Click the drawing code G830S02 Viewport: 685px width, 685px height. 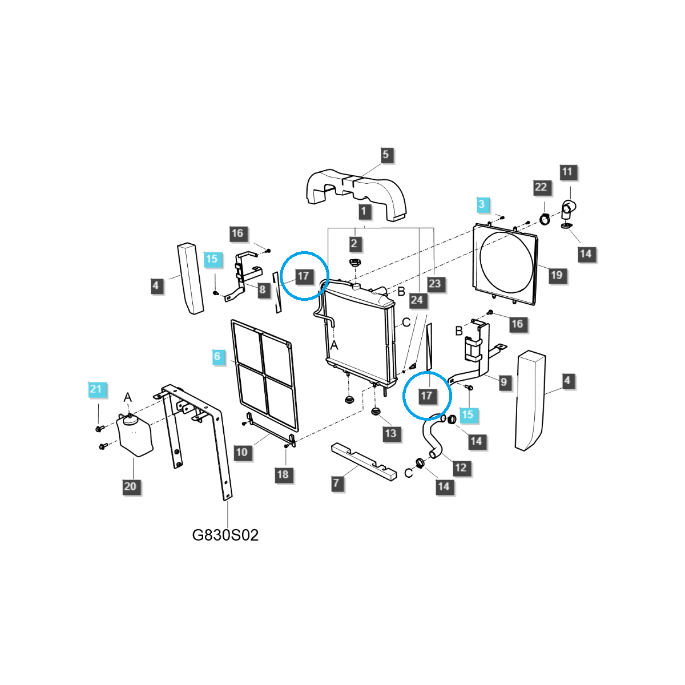click(225, 535)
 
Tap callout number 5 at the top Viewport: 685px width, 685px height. click(385, 155)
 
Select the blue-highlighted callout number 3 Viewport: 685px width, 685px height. click(481, 204)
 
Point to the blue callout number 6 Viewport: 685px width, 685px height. click(217, 357)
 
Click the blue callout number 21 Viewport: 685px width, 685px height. click(96, 389)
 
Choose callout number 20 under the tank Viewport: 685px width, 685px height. click(130, 486)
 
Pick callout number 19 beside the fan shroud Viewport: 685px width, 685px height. click(556, 275)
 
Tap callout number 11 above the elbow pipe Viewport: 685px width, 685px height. click(566, 172)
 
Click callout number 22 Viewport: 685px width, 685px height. click(541, 187)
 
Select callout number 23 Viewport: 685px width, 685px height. click(434, 284)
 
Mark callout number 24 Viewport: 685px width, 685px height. click(417, 300)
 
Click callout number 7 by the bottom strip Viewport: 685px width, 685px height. click(336, 483)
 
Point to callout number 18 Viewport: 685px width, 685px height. click(283, 474)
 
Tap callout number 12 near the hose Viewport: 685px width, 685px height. click(460, 468)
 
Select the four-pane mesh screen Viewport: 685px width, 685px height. click(263, 374)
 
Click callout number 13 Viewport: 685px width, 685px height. click(390, 433)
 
